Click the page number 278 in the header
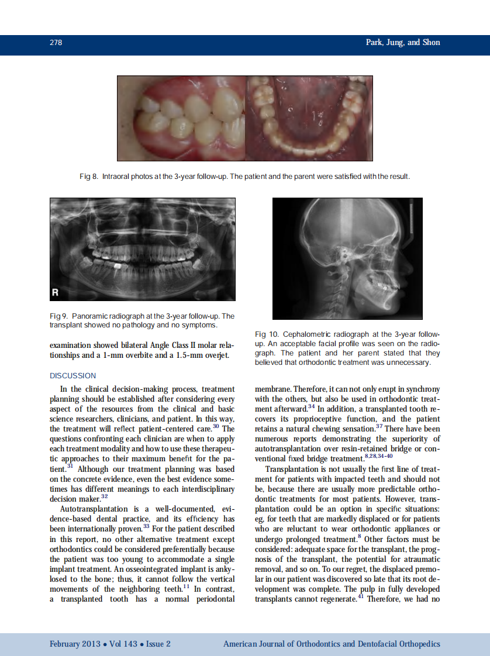[56, 43]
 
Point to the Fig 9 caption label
[59, 316]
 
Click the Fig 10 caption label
[267, 334]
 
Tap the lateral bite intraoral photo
[181, 119]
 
